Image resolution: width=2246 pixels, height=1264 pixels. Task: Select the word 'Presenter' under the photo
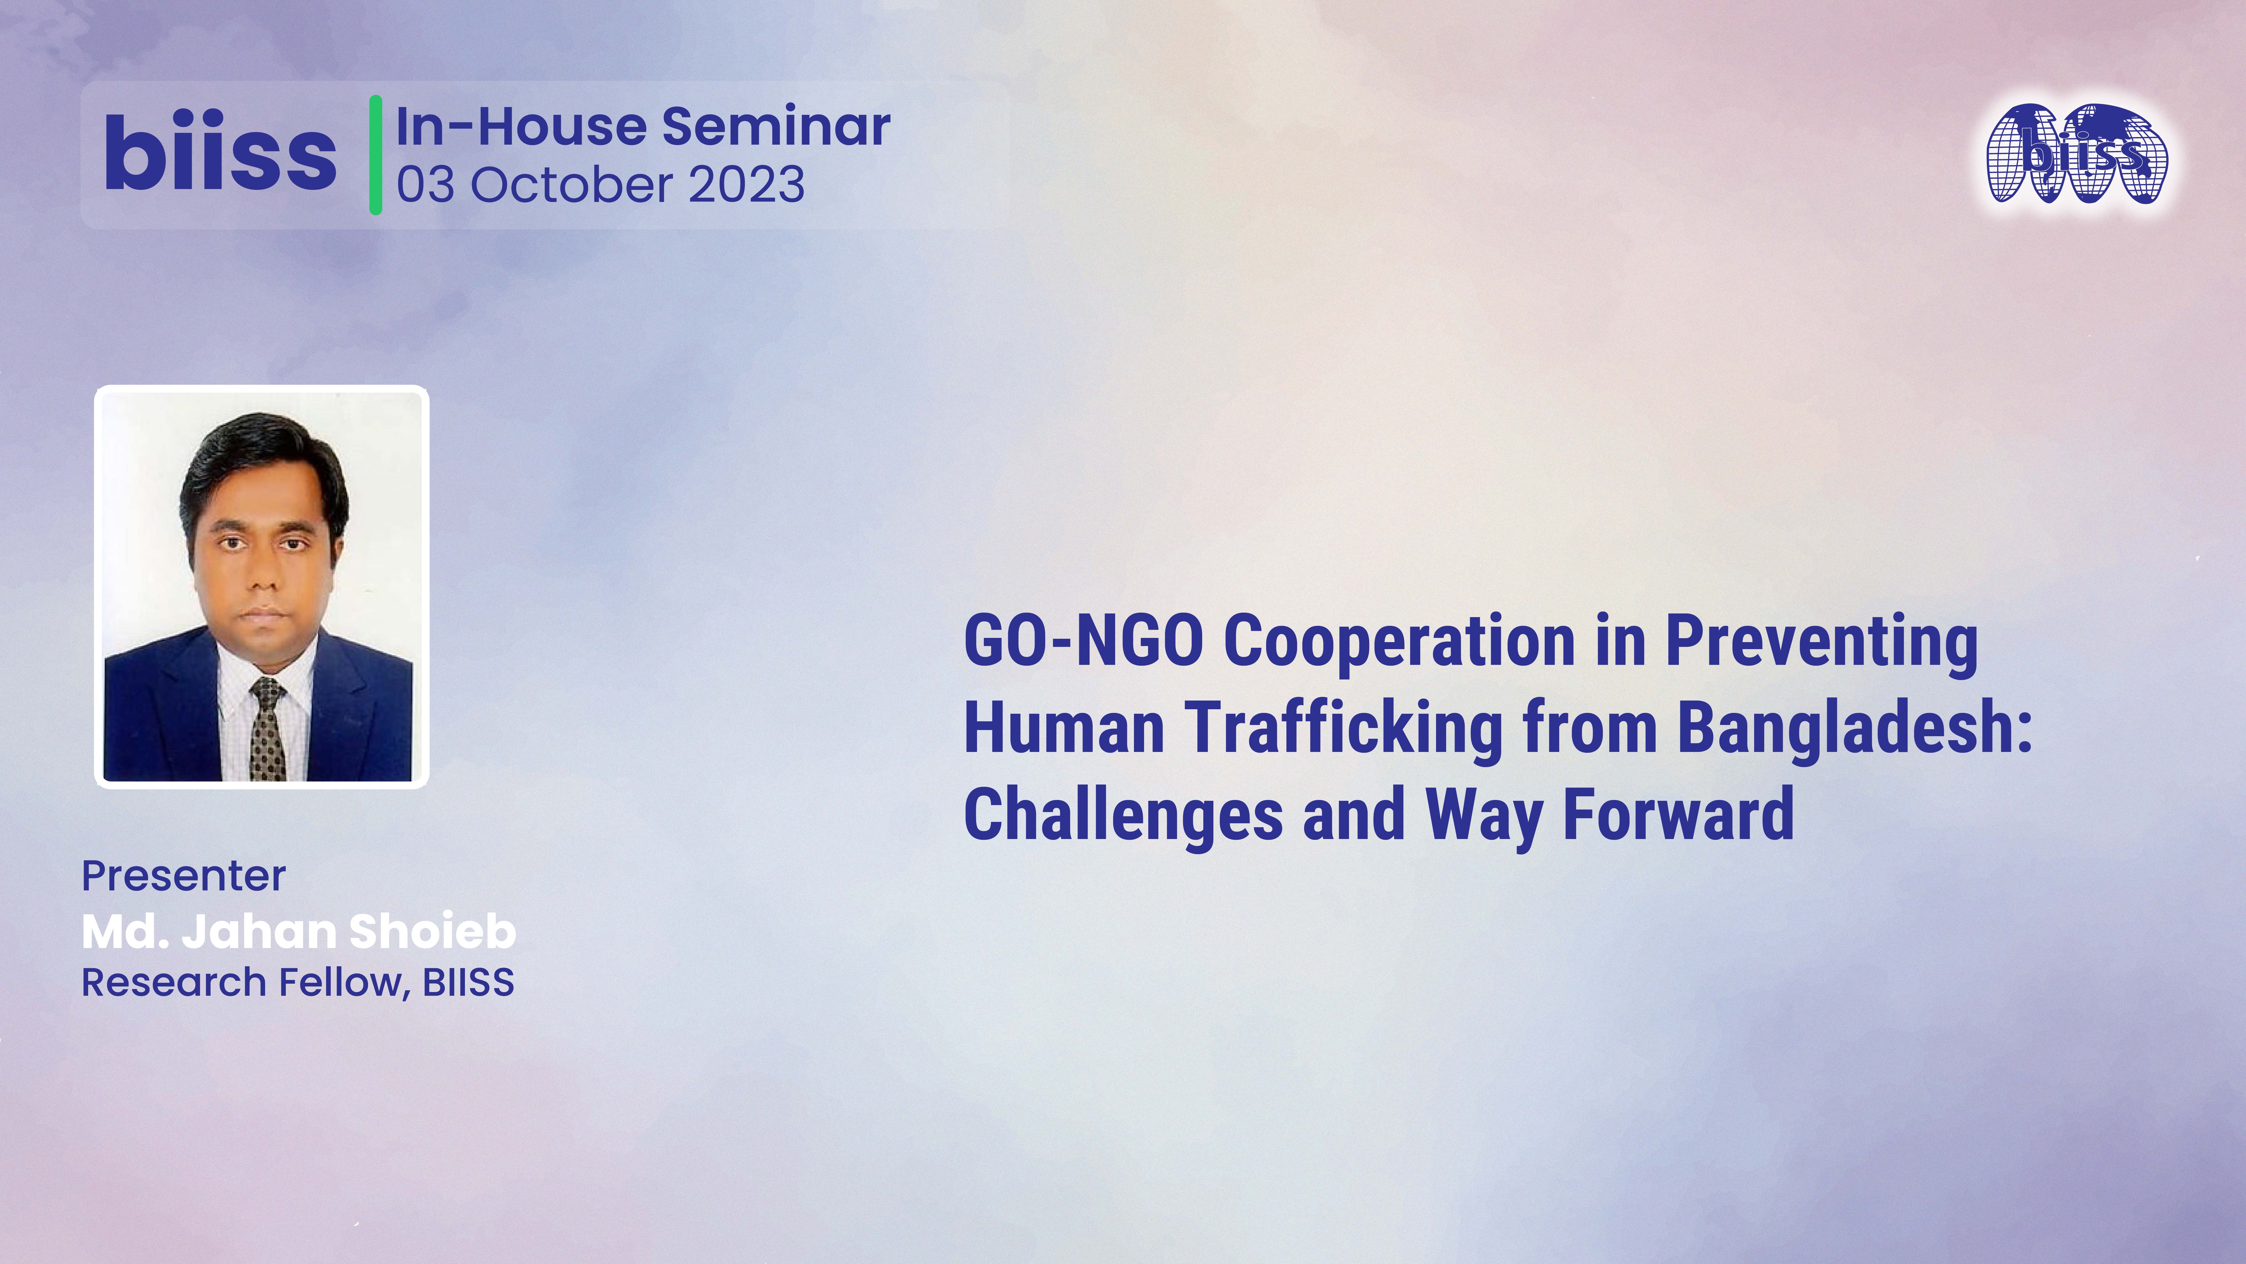point(183,876)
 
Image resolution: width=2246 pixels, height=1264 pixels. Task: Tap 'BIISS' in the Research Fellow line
point(468,982)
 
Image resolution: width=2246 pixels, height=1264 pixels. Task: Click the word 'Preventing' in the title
point(1820,643)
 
